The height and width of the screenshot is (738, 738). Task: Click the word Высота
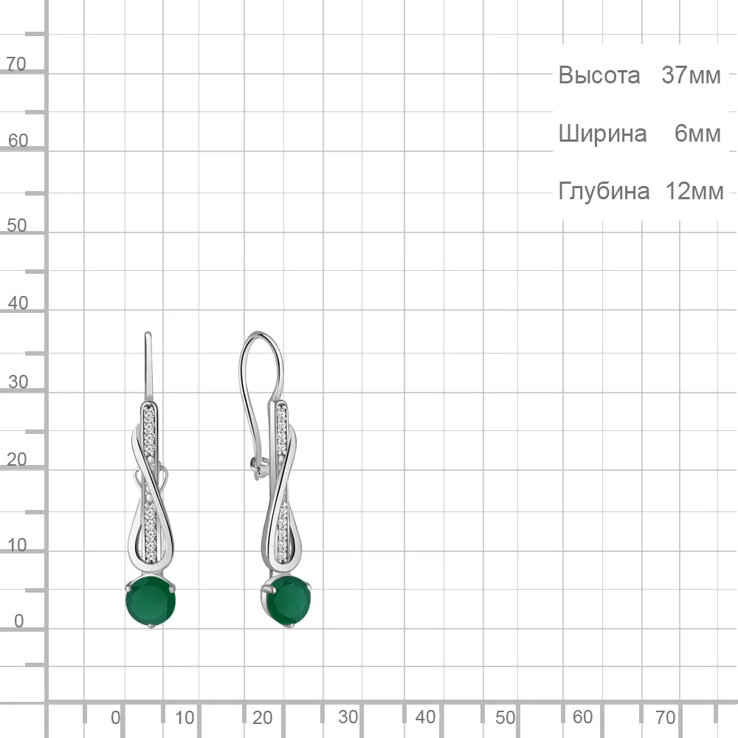(x=599, y=75)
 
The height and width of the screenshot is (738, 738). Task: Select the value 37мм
(x=691, y=75)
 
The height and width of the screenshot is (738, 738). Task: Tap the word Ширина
(x=602, y=134)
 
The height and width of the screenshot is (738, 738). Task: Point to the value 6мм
(x=697, y=134)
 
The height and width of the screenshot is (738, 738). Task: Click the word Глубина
(x=604, y=192)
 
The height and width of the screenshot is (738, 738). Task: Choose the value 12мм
(x=694, y=192)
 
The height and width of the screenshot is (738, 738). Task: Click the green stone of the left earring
(x=151, y=601)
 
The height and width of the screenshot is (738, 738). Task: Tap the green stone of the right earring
(x=286, y=601)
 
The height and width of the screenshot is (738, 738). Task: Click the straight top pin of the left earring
(x=148, y=367)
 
